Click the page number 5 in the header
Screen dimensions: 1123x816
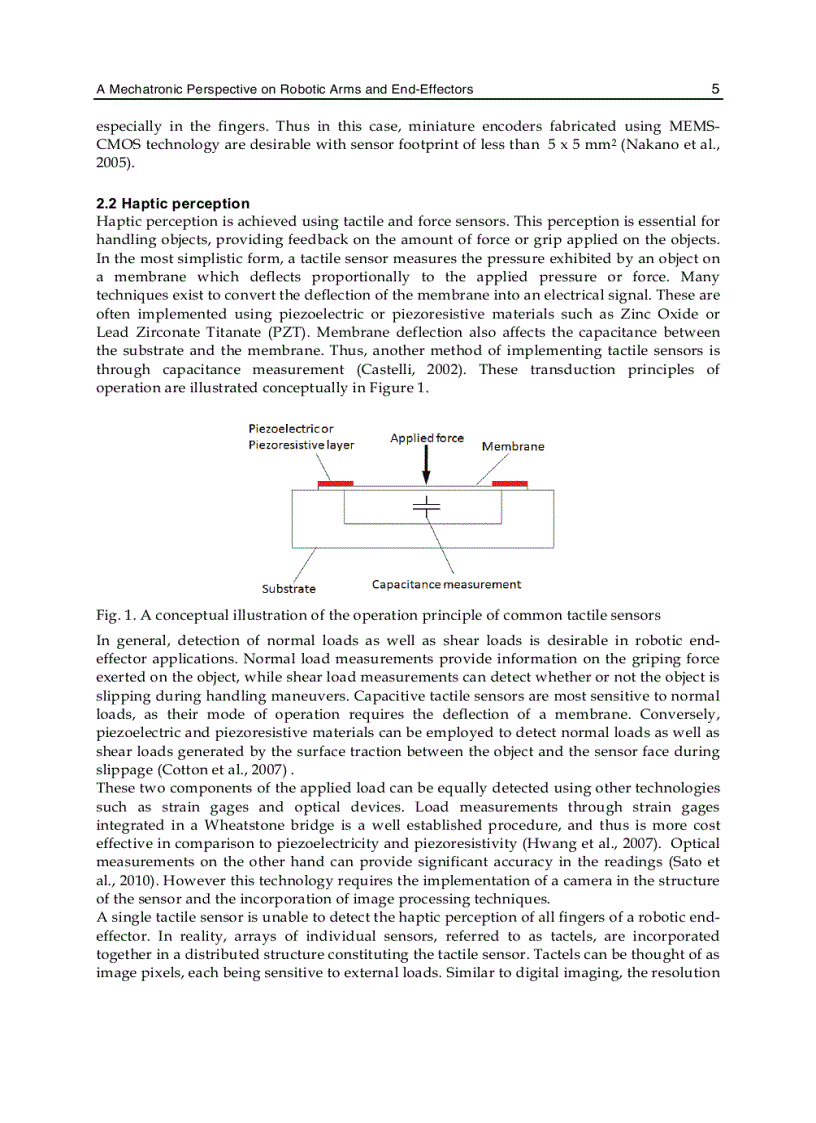tap(715, 89)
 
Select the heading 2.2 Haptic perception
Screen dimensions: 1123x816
tap(172, 204)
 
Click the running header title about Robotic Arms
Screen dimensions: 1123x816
tap(284, 90)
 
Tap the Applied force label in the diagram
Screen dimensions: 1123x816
tap(427, 438)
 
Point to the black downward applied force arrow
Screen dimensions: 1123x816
tap(427, 466)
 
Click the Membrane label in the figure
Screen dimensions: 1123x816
tap(513, 446)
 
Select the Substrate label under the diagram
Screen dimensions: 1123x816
tap(289, 589)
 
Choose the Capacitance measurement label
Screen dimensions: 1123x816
tap(446, 584)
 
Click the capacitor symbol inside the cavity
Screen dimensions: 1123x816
tap(427, 505)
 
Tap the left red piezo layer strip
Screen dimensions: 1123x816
tap(335, 484)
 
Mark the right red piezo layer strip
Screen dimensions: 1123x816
tap(510, 484)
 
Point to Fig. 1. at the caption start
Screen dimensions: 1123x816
tap(115, 614)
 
